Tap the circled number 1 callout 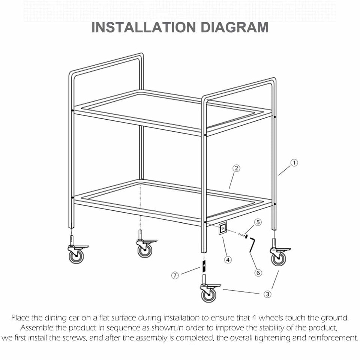pos(294,163)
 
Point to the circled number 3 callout pos(267,294)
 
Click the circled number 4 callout pos(228,259)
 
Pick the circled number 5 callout pos(258,222)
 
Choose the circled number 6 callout pos(258,273)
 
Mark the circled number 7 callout pos(175,276)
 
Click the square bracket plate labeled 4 pos(222,228)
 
